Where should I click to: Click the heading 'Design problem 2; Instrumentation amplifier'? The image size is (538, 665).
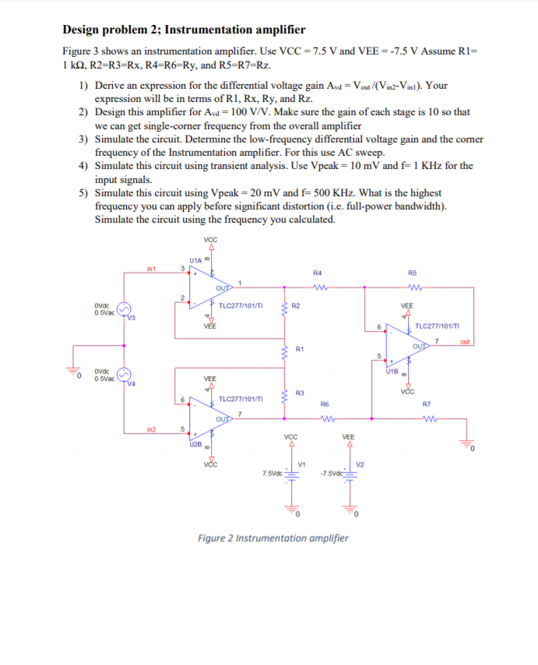point(184,30)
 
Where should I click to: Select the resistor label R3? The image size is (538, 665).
point(299,393)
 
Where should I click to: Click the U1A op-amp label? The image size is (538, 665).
point(195,259)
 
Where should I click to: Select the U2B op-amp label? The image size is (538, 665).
point(195,444)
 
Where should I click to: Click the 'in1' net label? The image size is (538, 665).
point(153,269)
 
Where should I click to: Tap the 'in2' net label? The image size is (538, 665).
point(152,430)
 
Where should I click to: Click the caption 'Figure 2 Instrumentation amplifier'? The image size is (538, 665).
point(273,538)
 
